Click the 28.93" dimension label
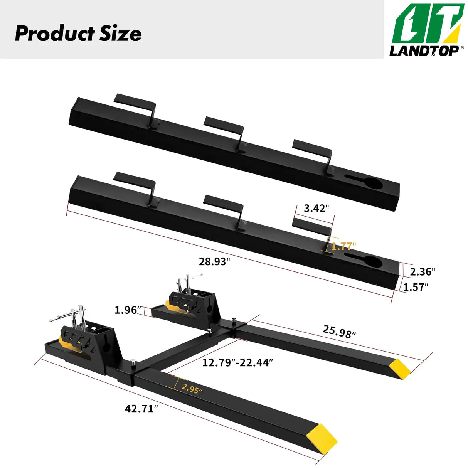214,262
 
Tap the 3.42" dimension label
316,209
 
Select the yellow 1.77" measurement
343,246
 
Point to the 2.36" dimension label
422,272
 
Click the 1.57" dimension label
416,287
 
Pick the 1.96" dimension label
128,310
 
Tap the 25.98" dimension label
339,331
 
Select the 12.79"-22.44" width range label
238,362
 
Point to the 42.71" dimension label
141,409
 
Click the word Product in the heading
54,34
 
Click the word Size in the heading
121,34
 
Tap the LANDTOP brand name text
423,51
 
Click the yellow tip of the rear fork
399,368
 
